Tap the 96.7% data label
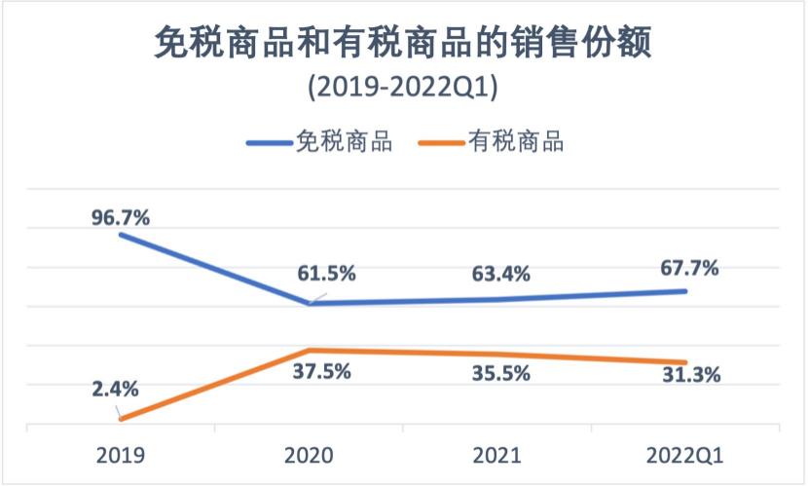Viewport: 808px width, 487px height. click(121, 217)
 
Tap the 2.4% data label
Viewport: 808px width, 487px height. click(115, 389)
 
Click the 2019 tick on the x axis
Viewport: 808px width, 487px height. click(121, 455)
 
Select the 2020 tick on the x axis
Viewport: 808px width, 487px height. click(310, 455)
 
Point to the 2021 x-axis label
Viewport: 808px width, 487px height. click(498, 455)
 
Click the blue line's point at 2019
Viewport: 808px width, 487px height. click(121, 234)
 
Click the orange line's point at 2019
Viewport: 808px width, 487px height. click(121, 419)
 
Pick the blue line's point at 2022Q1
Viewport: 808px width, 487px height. click(687, 291)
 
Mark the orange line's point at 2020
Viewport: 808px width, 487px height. click(310, 350)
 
